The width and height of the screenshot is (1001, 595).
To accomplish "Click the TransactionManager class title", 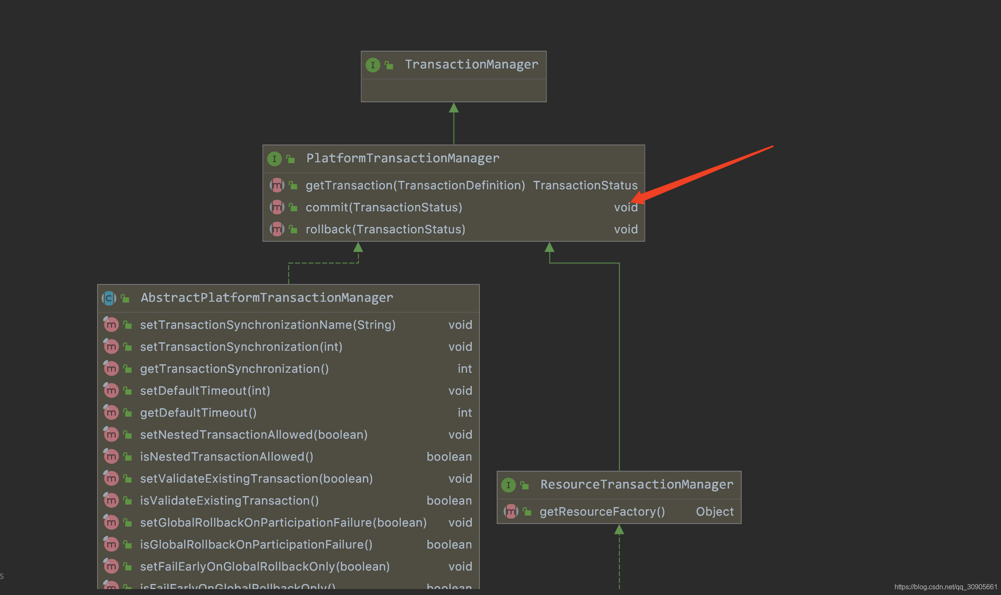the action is point(471,65).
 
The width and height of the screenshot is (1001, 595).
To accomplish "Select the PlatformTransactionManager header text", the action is point(403,158).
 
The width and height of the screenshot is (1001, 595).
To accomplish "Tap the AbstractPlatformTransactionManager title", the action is point(267,298).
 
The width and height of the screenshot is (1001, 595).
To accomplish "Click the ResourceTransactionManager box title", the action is point(637,485).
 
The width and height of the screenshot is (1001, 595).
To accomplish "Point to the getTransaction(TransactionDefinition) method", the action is point(415,186).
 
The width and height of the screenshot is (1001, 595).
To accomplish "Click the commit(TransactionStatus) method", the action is point(384,207).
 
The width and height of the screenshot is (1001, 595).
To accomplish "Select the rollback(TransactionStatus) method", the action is point(385,229).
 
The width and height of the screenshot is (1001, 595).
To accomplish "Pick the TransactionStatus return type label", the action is point(585,186).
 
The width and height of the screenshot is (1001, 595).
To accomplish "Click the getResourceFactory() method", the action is point(602,512).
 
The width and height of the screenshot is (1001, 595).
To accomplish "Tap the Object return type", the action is point(715,512).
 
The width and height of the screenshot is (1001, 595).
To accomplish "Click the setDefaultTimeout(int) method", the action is point(205,391).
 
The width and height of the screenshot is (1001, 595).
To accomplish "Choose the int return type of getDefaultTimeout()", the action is point(465,413).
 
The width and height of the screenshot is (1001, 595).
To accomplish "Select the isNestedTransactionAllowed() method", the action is point(226,457).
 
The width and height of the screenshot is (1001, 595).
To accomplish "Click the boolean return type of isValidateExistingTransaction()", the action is point(449,501).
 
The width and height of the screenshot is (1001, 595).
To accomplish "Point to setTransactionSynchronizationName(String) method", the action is point(268,325).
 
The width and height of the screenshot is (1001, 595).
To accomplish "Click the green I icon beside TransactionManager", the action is point(373,65).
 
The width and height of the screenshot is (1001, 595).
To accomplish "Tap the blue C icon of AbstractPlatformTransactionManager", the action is point(109,298).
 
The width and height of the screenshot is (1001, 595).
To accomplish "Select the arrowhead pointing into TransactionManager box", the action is point(454,108).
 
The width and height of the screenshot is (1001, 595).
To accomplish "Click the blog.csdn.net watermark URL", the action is point(945,587).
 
